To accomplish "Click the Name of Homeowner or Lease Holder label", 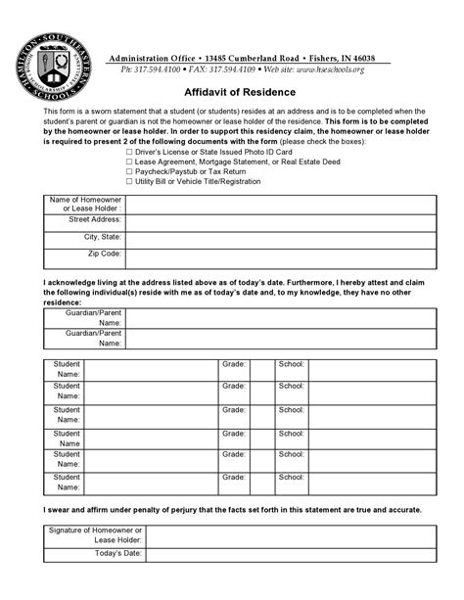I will tap(85, 205).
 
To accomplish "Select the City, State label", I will tap(102, 237).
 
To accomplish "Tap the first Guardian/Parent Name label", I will tap(92, 317).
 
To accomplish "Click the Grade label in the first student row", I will tap(233, 363).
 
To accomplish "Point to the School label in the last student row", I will tap(291, 475).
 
